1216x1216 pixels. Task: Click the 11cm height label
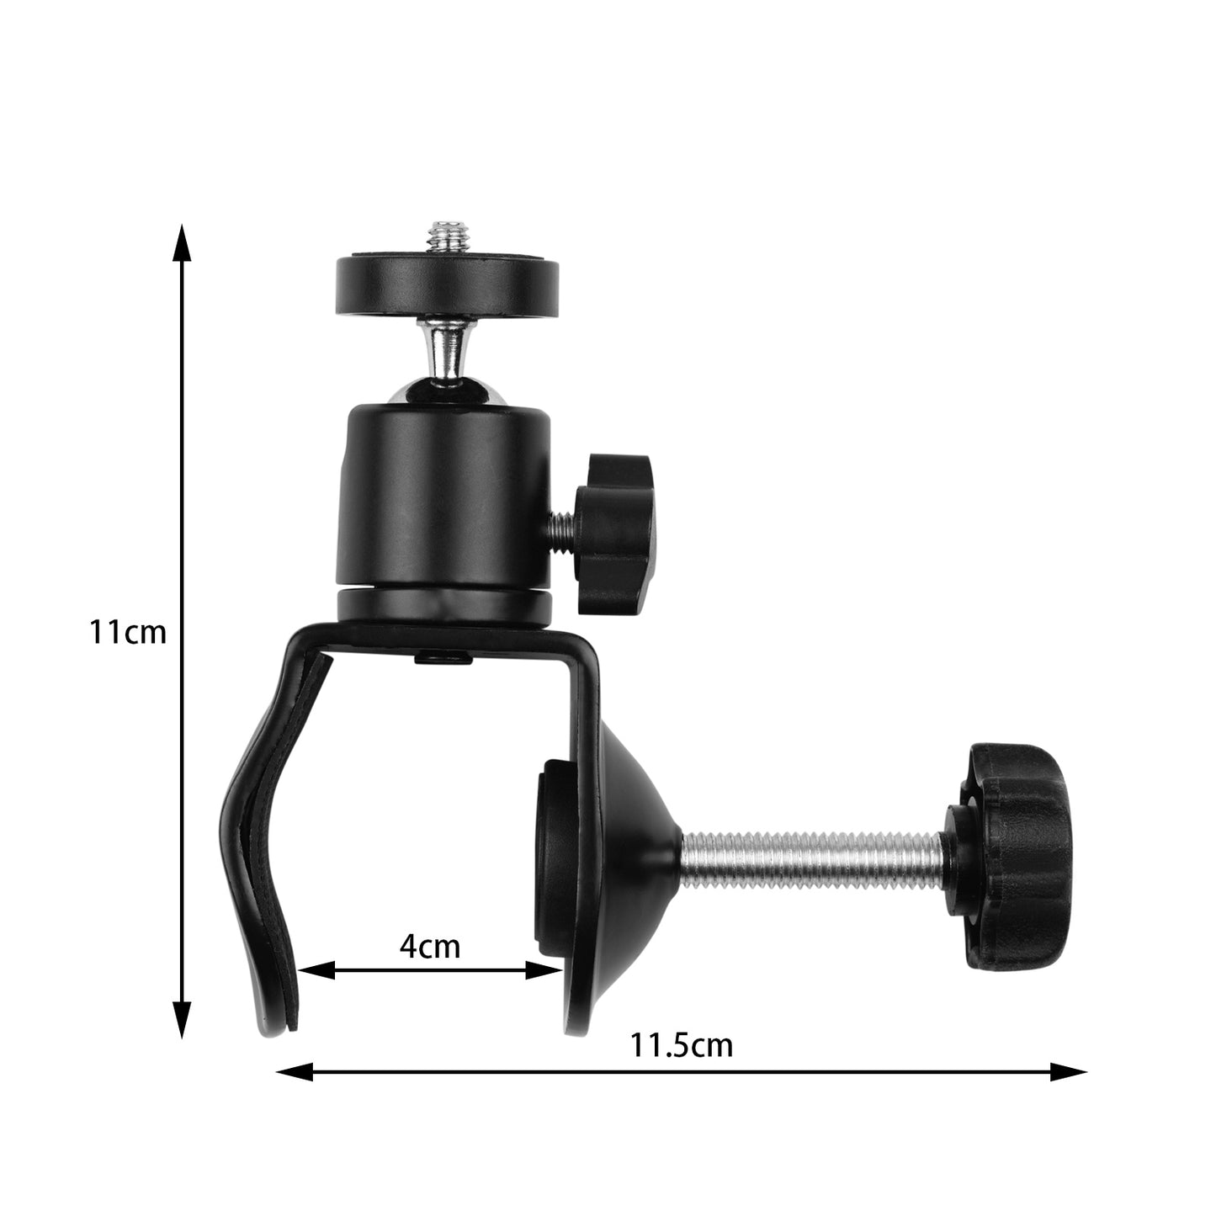coord(129,631)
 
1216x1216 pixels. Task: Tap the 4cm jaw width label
coord(430,946)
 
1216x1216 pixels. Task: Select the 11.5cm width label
coord(682,1045)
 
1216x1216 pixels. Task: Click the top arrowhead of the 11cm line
coord(181,244)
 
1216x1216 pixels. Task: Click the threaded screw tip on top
coord(447,236)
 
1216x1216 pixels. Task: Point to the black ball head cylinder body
coord(444,496)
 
